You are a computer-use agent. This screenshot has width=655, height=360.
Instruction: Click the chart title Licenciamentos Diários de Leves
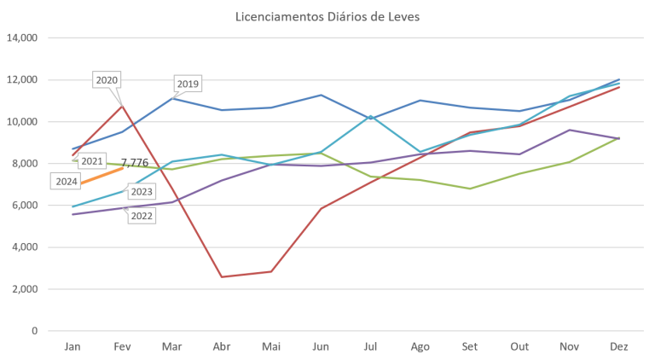click(x=327, y=17)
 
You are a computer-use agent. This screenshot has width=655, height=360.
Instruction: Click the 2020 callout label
click(x=107, y=79)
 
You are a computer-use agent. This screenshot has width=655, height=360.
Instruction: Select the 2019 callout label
click(x=187, y=84)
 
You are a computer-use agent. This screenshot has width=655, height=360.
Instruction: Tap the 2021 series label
click(x=92, y=160)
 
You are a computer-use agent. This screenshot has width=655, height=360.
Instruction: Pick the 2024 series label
click(x=67, y=181)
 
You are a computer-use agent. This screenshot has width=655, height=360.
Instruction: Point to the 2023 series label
click(x=142, y=192)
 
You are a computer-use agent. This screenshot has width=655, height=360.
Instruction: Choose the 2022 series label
click(x=142, y=216)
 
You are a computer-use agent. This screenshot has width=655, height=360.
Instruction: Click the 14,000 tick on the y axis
click(x=22, y=38)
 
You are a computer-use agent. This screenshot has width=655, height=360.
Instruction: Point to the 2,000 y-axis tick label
click(x=25, y=289)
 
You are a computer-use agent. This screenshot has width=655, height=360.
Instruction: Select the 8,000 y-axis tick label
click(x=25, y=164)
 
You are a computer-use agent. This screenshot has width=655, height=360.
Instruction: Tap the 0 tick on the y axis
click(x=36, y=331)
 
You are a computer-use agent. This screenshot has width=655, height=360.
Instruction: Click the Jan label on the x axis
click(x=72, y=346)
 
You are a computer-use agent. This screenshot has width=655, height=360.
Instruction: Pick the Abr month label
click(x=221, y=346)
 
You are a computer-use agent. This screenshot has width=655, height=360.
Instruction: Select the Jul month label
click(x=370, y=346)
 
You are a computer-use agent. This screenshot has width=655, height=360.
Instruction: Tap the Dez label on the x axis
click(x=617, y=346)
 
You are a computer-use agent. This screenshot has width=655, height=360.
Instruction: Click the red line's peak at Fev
click(x=122, y=104)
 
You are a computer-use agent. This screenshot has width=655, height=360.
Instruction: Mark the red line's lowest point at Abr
click(x=222, y=276)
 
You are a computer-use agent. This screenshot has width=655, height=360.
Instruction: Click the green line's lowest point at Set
click(x=469, y=188)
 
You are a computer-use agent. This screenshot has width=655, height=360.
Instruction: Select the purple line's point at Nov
click(x=569, y=130)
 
